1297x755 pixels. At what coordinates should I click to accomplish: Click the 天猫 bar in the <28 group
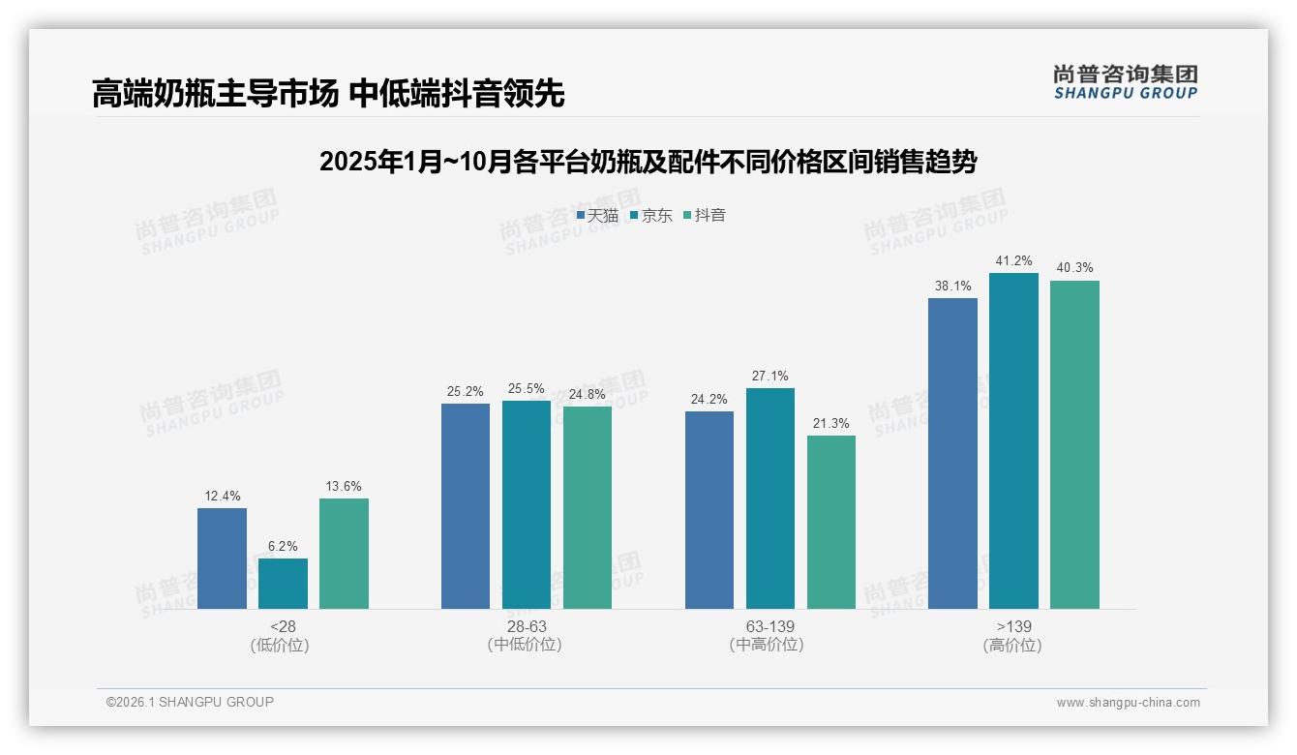pos(222,559)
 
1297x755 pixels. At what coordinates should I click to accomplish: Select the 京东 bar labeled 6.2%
pos(283,584)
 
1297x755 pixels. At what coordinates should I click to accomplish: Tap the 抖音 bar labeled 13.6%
pos(344,554)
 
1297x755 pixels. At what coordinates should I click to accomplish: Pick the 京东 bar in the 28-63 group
pos(527,504)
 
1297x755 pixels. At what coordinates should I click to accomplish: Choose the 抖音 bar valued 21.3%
pos(831,522)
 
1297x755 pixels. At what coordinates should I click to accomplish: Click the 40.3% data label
pos(1074,268)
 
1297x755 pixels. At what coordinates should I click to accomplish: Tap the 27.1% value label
pos(769,376)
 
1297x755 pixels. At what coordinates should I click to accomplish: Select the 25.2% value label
pos(465,391)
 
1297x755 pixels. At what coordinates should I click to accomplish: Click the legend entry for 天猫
pos(597,216)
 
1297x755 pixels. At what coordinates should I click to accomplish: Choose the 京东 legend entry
pos(650,216)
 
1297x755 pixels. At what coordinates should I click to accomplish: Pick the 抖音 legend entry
pos(705,216)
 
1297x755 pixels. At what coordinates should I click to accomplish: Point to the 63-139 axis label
pos(769,627)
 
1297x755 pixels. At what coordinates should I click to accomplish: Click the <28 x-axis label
pos(283,627)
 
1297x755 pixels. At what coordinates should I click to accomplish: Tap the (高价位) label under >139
pos(1012,646)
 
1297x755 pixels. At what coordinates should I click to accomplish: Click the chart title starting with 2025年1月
pos(648,162)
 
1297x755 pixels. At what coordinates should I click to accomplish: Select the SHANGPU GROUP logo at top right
pos(1125,82)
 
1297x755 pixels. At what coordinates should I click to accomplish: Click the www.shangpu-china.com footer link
pos(1128,703)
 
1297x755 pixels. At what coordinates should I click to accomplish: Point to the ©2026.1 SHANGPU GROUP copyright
pos(190,702)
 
